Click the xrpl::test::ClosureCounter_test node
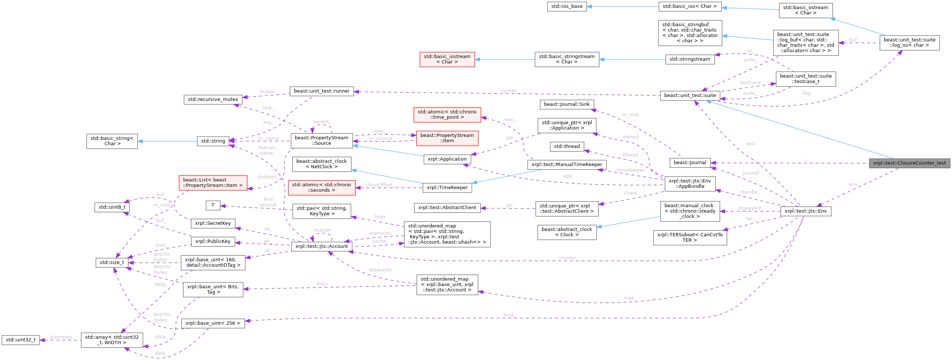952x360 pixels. click(909, 163)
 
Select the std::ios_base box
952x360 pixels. click(567, 7)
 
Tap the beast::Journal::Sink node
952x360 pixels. click(567, 104)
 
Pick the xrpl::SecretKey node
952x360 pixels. click(213, 223)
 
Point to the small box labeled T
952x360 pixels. click(213, 205)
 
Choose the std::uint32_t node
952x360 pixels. click(20, 340)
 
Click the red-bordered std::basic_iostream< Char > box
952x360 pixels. click(447, 59)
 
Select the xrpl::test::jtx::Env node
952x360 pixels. click(805, 212)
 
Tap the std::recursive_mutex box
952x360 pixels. click(213, 100)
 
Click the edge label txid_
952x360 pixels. click(508, 315)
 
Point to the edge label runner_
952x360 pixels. click(508, 91)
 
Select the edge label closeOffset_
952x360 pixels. click(379, 184)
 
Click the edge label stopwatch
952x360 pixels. click(749, 208)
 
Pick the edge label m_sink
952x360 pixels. click(630, 115)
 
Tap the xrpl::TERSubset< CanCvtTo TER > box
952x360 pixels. click(689, 237)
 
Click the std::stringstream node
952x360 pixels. click(689, 59)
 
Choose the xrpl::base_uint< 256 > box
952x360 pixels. click(213, 323)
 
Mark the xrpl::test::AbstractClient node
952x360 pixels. click(447, 208)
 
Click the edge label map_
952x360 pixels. click(629, 298)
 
